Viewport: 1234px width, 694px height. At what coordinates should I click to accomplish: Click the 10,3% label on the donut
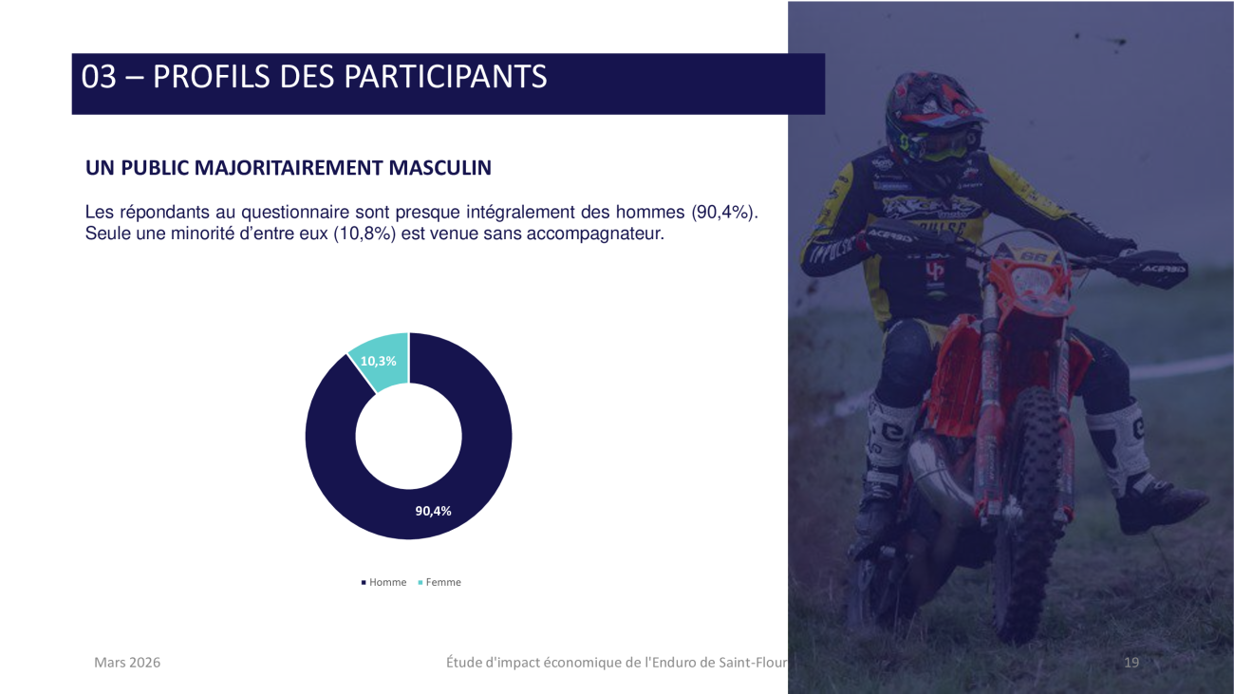click(378, 362)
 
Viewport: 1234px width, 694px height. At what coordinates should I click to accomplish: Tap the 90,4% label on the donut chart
click(433, 511)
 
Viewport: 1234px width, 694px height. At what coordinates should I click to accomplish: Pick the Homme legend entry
click(384, 582)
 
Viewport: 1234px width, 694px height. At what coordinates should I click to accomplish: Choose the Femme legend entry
click(439, 582)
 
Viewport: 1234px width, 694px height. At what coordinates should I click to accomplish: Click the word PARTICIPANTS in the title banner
click(446, 76)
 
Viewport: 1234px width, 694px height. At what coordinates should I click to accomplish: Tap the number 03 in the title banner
click(99, 76)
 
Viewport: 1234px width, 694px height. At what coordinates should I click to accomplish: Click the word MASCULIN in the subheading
click(439, 167)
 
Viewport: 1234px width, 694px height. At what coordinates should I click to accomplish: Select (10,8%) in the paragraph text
click(365, 234)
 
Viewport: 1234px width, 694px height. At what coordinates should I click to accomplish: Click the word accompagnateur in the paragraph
click(595, 234)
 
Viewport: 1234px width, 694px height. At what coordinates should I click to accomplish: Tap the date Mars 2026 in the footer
click(127, 662)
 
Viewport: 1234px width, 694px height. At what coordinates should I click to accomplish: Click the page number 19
click(1131, 662)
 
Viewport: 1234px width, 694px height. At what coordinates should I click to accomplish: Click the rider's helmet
click(934, 119)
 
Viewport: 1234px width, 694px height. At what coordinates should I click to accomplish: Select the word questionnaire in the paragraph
click(295, 213)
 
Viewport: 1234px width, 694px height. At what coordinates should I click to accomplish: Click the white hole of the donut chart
click(409, 436)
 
